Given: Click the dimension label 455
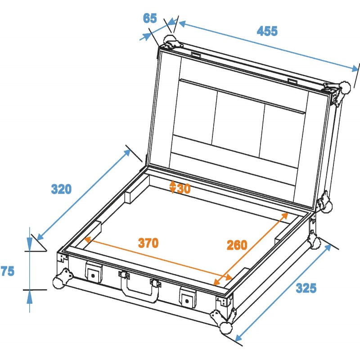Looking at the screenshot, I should point(267,31).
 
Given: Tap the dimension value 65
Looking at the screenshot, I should point(150,18).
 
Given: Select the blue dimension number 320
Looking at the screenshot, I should point(61,189).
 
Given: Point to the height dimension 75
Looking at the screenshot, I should point(8,271).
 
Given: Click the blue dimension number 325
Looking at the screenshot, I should point(306,288).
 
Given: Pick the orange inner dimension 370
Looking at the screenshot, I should point(148,243).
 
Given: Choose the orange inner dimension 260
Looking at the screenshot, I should point(237,245).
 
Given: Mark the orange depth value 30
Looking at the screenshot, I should point(183,188).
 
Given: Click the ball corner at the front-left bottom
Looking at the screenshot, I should point(59,282).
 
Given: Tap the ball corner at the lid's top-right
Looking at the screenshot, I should point(344,86).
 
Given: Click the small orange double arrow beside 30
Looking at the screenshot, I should point(173,187).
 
